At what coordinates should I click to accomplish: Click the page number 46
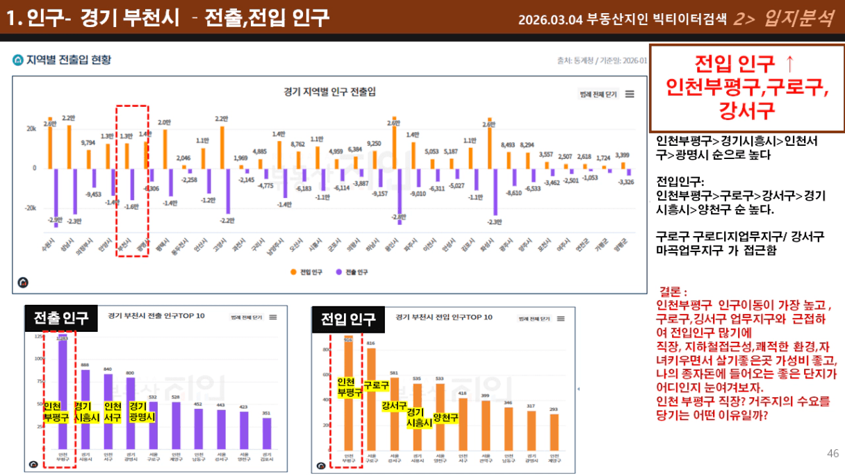point(832,453)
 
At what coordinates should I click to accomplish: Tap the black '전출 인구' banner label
point(61,318)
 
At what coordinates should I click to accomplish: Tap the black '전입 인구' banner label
point(347,319)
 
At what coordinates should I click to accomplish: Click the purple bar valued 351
point(267,433)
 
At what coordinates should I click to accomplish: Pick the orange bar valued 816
point(371,399)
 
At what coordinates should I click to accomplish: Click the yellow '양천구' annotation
point(445,417)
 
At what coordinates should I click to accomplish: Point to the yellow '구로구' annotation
point(376,385)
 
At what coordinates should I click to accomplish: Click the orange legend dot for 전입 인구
point(293,272)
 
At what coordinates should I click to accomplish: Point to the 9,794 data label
point(88,142)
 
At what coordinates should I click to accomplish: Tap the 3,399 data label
point(623,155)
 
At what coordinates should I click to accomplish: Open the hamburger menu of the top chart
point(630,94)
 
